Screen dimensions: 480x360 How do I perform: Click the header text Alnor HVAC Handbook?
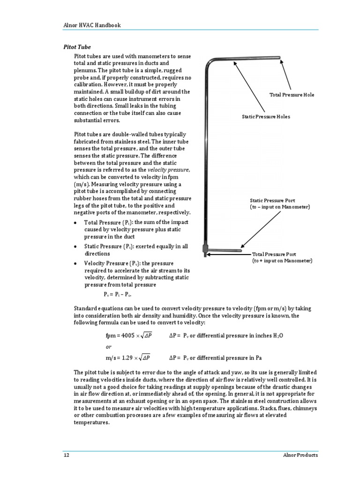tap(92, 25)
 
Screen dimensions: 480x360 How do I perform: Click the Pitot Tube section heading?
tap(77, 47)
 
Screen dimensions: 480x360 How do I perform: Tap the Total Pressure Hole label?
tap(292, 95)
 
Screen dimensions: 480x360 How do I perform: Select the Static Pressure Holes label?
tap(266, 116)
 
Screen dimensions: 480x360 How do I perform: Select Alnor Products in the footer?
tap(301, 455)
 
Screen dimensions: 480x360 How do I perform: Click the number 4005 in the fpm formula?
tap(127, 336)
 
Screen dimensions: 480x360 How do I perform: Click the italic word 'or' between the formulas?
tap(108, 347)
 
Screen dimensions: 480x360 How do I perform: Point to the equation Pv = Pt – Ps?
tap(117, 294)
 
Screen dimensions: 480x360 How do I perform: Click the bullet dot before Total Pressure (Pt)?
tap(75, 222)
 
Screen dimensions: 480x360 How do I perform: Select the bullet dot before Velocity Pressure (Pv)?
tap(75, 263)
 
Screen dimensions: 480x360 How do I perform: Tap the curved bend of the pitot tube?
tap(208, 62)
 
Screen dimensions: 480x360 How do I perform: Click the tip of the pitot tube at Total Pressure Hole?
tap(279, 58)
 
